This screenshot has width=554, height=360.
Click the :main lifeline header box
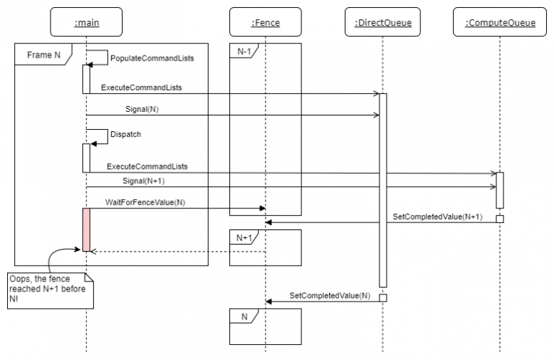[87, 22]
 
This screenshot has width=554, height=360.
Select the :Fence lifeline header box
[265, 22]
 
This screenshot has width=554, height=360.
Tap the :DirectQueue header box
[382, 22]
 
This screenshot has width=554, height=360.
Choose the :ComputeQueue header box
[500, 22]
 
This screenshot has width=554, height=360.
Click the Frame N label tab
[43, 54]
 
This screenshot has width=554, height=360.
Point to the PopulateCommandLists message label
[152, 58]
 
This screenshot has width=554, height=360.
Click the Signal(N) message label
[142, 109]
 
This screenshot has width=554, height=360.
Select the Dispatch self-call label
[126, 134]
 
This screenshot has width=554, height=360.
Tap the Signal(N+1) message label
[144, 181]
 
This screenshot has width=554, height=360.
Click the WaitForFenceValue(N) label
[145, 203]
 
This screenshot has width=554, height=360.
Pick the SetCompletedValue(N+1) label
[437, 216]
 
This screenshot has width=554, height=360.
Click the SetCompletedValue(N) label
[330, 295]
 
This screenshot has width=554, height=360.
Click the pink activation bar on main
[87, 229]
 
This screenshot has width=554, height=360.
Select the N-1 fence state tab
[244, 51]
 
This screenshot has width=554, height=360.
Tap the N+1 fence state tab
[244, 238]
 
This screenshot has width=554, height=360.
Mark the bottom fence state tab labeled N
[244, 316]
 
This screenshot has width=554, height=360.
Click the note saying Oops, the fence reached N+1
[50, 291]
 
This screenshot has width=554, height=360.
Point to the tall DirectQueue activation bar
[382, 190]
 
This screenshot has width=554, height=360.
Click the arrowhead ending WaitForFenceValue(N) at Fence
[263, 208]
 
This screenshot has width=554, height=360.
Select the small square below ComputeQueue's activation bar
[500, 219]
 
